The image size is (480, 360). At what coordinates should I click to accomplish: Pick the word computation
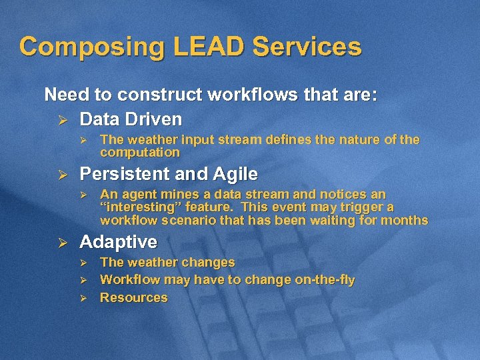(140, 152)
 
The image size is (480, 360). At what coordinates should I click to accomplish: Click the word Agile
(235, 174)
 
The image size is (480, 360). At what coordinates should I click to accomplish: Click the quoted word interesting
(140, 207)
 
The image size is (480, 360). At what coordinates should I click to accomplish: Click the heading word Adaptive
(118, 241)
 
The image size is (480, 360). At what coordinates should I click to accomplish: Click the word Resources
(133, 297)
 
